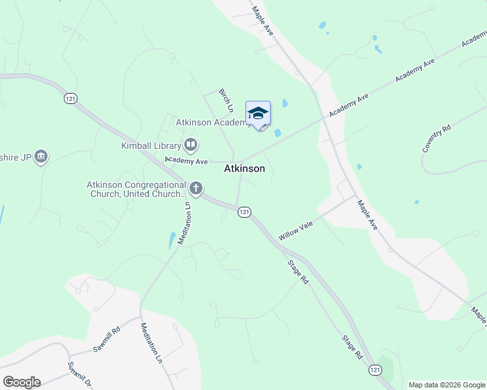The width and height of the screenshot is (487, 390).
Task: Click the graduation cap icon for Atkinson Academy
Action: [x=258, y=113]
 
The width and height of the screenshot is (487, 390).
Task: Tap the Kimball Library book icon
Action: [x=191, y=144]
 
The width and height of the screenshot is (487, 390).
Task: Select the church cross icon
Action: [x=195, y=189]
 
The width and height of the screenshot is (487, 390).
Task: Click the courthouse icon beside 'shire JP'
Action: [x=41, y=157]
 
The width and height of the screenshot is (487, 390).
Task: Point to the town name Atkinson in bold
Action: [x=244, y=168]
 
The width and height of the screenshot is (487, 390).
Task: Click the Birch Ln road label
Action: [x=226, y=101]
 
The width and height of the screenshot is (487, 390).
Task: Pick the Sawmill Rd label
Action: [x=107, y=339]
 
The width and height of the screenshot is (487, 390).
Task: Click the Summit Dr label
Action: [x=78, y=373]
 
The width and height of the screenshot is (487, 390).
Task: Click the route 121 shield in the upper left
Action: [x=71, y=98]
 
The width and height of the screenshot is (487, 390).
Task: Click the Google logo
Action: [x=21, y=382]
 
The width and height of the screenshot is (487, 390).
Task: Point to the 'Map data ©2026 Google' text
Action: [x=446, y=385]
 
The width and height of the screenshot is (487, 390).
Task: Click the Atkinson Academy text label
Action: [x=212, y=122]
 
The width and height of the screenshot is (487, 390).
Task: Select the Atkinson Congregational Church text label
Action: [x=137, y=189]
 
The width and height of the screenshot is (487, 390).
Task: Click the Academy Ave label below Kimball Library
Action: [x=186, y=160]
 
